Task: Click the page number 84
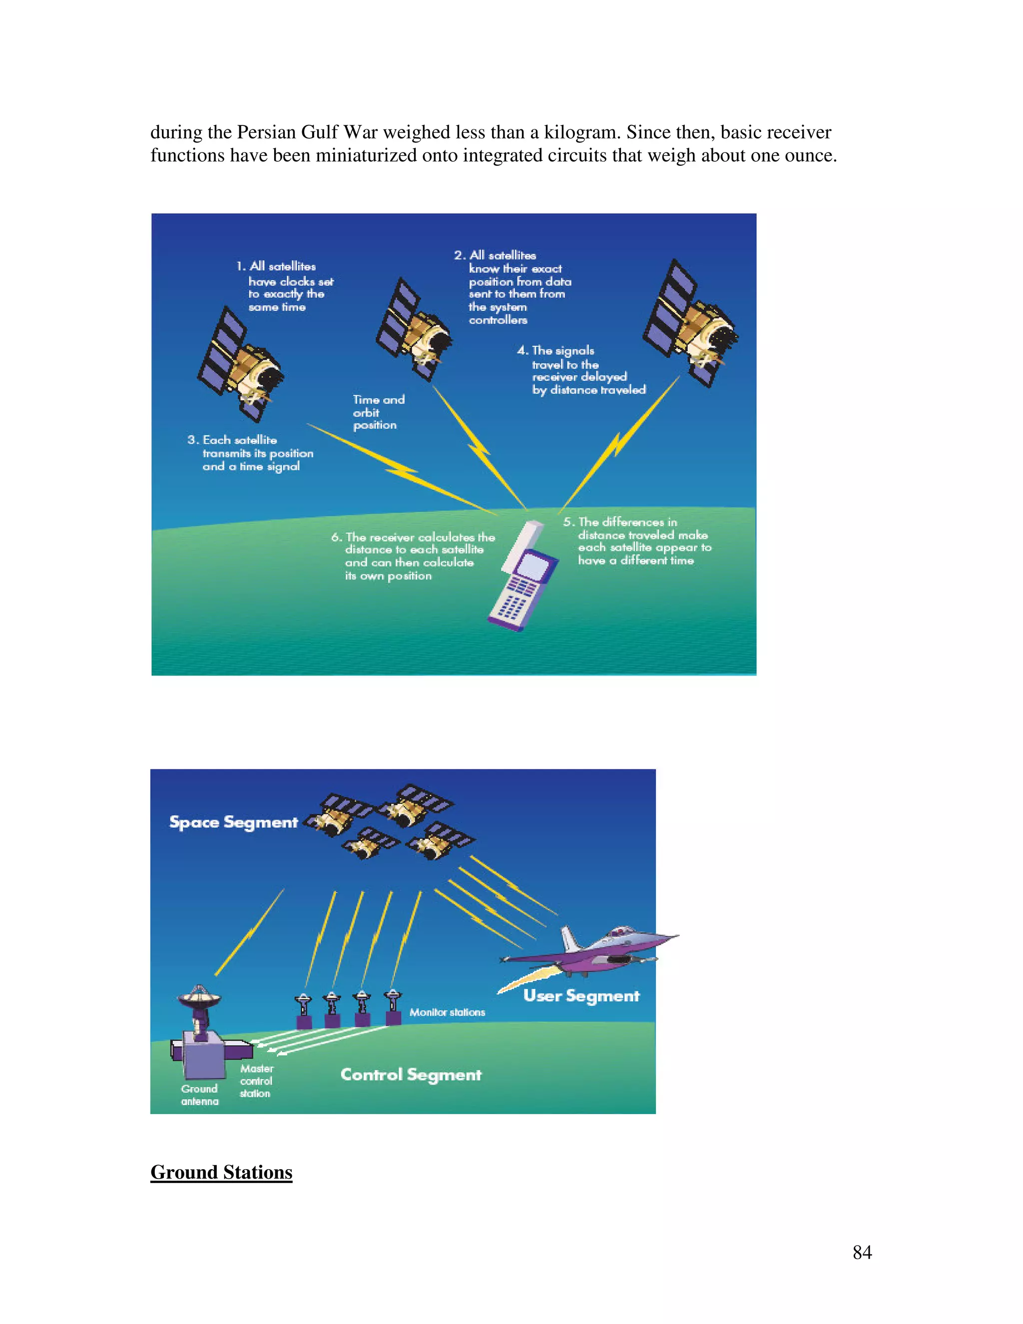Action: [x=862, y=1252]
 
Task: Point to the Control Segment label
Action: [x=411, y=1074]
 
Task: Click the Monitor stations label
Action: [x=447, y=1012]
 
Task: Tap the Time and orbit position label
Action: [x=378, y=412]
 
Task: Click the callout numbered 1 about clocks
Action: [x=285, y=286]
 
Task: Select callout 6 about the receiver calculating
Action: [x=413, y=556]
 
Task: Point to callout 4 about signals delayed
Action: [x=582, y=370]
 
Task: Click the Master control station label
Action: [x=256, y=1081]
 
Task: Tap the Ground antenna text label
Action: [x=199, y=1095]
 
